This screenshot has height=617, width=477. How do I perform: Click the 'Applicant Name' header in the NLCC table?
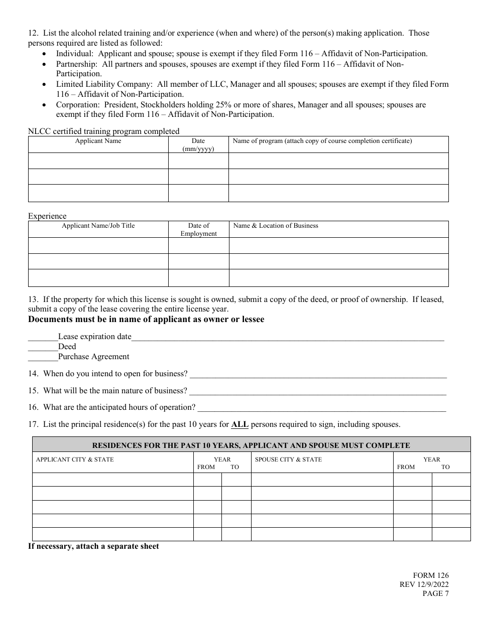click(98, 141)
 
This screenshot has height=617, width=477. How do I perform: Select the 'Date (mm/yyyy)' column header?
click(198, 144)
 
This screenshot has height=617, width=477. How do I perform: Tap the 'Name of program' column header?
click(322, 141)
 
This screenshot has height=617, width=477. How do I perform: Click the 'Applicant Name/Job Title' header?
click(98, 226)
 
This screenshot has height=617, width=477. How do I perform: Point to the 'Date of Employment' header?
click(198, 229)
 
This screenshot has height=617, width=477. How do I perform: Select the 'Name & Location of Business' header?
click(276, 226)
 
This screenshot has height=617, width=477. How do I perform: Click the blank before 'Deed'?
click(43, 347)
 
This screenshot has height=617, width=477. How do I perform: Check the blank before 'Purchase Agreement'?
click(43, 357)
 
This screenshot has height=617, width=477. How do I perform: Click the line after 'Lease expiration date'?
click(288, 337)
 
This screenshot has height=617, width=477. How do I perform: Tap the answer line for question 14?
click(318, 374)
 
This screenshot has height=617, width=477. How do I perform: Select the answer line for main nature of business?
click(317, 391)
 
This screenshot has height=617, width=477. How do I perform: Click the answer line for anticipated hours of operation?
click(321, 407)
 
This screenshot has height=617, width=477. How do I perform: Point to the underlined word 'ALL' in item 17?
click(240, 424)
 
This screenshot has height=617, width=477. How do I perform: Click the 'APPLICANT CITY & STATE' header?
click(75, 459)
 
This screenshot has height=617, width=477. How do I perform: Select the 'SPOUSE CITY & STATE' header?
click(288, 459)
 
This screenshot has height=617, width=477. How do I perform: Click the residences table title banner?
click(251, 445)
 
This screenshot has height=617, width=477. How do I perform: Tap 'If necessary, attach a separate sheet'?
click(93, 546)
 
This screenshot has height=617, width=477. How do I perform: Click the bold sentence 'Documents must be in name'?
click(146, 320)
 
